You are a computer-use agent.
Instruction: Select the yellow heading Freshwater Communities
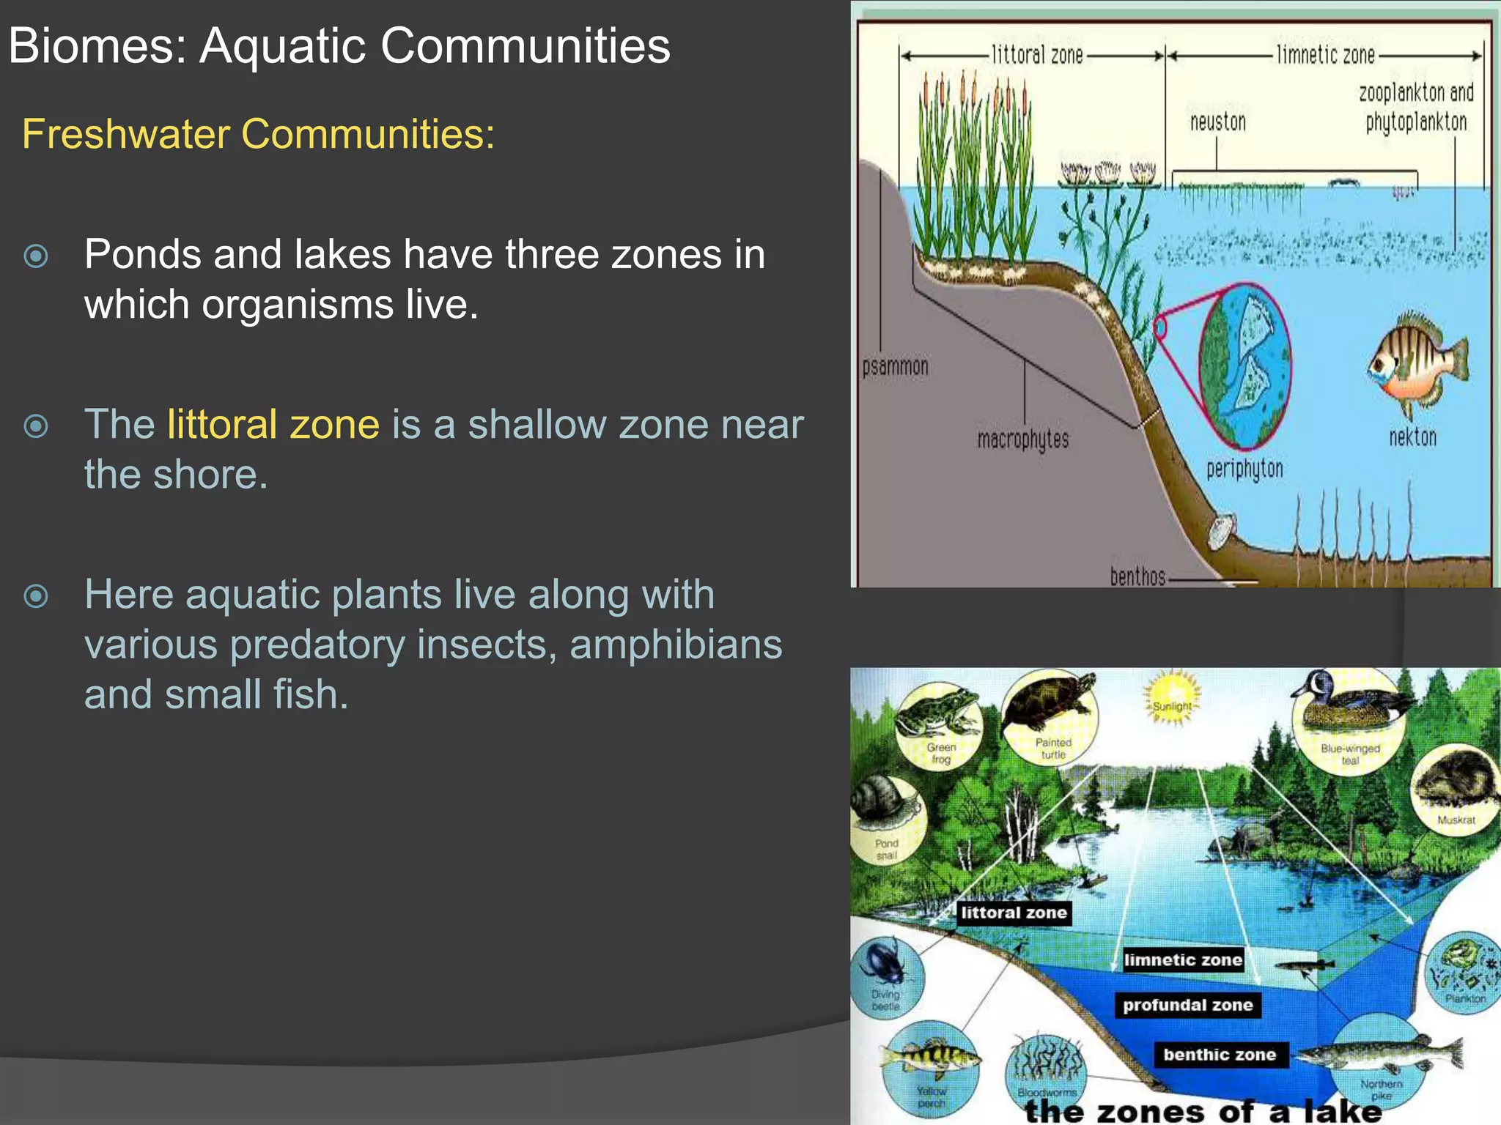pos(258,134)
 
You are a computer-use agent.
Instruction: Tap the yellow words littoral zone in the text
pos(273,424)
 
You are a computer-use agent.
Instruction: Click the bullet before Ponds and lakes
pos(36,256)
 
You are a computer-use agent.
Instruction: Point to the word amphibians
pos(675,645)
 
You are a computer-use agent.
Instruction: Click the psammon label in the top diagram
pos(895,366)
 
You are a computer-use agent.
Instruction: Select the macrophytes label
pos(1022,439)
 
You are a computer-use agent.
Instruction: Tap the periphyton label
pos(1244,469)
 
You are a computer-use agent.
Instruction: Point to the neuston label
pos(1217,122)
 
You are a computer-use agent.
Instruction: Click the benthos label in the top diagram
pos(1137,576)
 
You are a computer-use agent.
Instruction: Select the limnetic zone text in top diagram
pos(1325,55)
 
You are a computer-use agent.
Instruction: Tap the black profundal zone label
pos(1187,1005)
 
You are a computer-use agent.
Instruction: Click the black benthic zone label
pos(1220,1055)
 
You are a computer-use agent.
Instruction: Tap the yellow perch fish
pos(929,1056)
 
